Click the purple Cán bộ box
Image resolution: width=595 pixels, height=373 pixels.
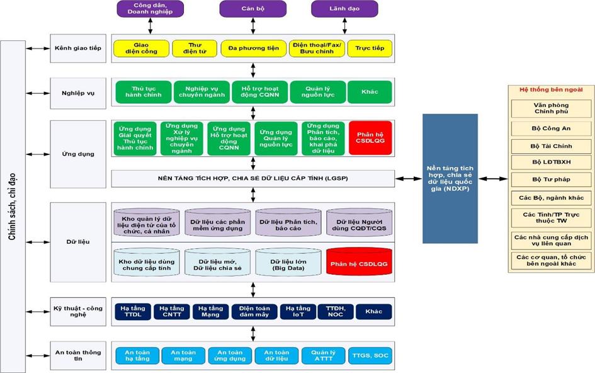(x=252, y=9)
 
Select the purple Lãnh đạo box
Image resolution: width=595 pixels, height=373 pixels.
(x=344, y=9)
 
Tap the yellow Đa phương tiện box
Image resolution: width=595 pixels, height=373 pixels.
(x=254, y=49)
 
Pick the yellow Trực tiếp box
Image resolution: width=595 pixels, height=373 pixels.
(x=370, y=49)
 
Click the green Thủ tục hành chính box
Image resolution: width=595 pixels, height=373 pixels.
(x=144, y=92)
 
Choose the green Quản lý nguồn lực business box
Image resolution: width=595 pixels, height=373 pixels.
(x=318, y=92)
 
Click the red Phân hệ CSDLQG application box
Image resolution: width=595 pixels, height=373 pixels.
(x=370, y=138)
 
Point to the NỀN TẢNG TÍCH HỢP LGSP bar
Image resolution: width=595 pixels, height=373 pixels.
(x=252, y=178)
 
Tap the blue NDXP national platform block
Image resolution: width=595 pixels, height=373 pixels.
(x=450, y=178)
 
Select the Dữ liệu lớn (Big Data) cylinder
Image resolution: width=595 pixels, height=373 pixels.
(x=288, y=262)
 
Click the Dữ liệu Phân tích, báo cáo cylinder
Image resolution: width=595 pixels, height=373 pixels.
(x=288, y=222)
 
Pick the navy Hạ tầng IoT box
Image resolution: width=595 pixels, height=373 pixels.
(x=298, y=311)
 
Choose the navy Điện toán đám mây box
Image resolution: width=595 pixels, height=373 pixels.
(x=254, y=311)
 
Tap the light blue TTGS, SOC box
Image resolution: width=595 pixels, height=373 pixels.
(x=370, y=356)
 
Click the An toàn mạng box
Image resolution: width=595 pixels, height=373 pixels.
(x=183, y=356)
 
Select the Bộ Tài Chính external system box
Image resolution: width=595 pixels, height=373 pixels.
(x=551, y=146)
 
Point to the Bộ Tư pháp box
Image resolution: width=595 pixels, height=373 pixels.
(x=551, y=180)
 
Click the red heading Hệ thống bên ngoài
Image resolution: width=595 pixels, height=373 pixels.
(x=551, y=89)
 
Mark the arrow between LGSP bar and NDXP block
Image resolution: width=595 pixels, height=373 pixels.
(x=409, y=178)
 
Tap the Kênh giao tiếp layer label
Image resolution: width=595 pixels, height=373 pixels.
(x=78, y=49)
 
